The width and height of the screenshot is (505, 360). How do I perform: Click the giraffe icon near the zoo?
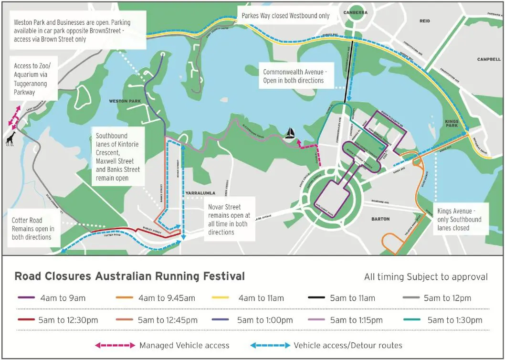pyautogui.click(x=10, y=139)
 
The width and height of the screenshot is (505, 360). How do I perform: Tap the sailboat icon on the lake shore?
pyautogui.click(x=289, y=134)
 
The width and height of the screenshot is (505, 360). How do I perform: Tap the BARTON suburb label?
pyautogui.click(x=380, y=219)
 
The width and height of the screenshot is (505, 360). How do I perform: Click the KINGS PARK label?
pyautogui.click(x=452, y=122)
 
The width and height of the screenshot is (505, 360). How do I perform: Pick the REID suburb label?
pyautogui.click(x=425, y=21)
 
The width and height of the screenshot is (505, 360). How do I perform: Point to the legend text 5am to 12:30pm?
pyautogui.click(x=68, y=320)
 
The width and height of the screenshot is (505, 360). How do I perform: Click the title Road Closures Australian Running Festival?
pyautogui.click(x=129, y=276)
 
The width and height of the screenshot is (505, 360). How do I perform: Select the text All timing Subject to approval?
pyautogui.click(x=426, y=277)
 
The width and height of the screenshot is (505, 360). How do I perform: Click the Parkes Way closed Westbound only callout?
pyautogui.click(x=285, y=16)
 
